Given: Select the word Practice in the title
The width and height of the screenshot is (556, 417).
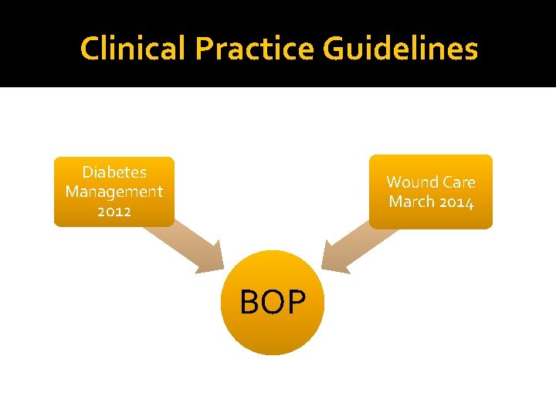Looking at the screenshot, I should (256, 49).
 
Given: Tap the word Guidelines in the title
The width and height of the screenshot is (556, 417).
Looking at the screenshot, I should (401, 49).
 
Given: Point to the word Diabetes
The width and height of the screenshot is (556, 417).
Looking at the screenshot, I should (114, 172).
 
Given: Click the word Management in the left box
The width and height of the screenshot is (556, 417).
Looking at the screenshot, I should (114, 192).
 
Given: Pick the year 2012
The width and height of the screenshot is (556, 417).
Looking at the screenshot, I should (114, 211).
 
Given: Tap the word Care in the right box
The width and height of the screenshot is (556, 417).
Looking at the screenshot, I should (457, 182).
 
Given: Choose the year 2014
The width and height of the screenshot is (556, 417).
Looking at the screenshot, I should (456, 202).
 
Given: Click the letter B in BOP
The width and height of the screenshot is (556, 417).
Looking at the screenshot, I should (249, 303).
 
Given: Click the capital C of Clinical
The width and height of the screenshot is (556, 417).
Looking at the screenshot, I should (90, 49).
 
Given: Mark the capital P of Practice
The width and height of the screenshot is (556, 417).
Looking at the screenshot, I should (205, 49).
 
